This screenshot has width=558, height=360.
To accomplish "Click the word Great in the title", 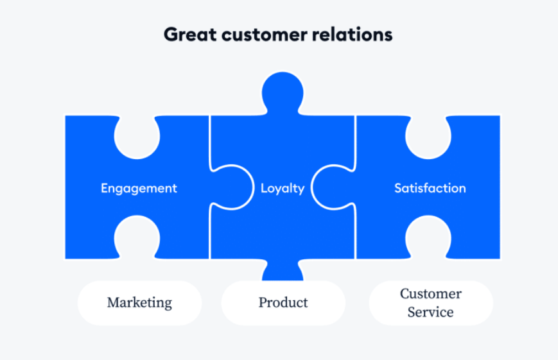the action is pyautogui.click(x=190, y=35).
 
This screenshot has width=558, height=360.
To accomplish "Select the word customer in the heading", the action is pyautogui.click(x=265, y=35).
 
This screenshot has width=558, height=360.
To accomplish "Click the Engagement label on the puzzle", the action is pyautogui.click(x=139, y=188).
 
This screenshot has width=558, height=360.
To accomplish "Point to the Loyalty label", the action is pyautogui.click(x=283, y=188).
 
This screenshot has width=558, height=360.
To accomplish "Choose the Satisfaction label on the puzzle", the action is pyautogui.click(x=430, y=188).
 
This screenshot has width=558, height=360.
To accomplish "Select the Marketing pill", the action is pyautogui.click(x=139, y=303).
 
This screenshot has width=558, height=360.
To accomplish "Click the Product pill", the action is pyautogui.click(x=283, y=303).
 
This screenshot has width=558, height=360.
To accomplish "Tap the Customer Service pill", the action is pyautogui.click(x=431, y=303).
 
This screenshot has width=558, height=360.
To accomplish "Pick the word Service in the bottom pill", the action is pyautogui.click(x=431, y=312).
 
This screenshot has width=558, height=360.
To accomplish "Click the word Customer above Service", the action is pyautogui.click(x=431, y=294).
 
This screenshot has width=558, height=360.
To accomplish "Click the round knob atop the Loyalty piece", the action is pyautogui.click(x=283, y=93).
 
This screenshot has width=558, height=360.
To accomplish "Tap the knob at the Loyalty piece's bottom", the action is pyautogui.click(x=283, y=270).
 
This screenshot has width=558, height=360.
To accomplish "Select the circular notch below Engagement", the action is pyautogui.click(x=137, y=237).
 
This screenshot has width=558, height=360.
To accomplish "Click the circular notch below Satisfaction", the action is pyautogui.click(x=428, y=237).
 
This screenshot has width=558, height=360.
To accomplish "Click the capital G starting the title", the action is pyautogui.click(x=171, y=35).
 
